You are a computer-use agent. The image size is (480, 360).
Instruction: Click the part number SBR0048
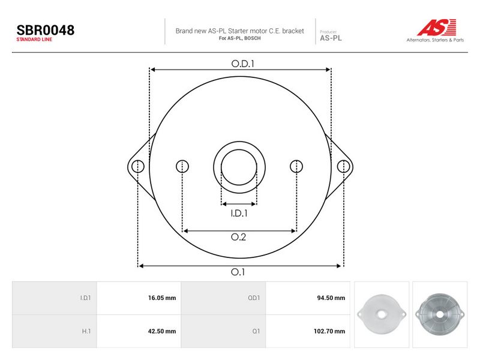click(46, 30)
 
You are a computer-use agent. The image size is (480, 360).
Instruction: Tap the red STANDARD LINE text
click(34, 40)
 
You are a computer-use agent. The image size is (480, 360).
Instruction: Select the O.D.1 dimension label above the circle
click(243, 64)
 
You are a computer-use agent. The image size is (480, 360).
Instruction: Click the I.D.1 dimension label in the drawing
click(239, 213)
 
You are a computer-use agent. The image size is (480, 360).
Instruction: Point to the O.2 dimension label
click(238, 237)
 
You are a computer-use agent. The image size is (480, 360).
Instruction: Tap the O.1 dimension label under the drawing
click(238, 272)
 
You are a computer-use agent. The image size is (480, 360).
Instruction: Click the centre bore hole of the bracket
click(239, 167)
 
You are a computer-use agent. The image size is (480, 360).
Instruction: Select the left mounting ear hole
click(138, 167)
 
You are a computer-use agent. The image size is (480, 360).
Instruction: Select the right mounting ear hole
click(343, 167)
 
